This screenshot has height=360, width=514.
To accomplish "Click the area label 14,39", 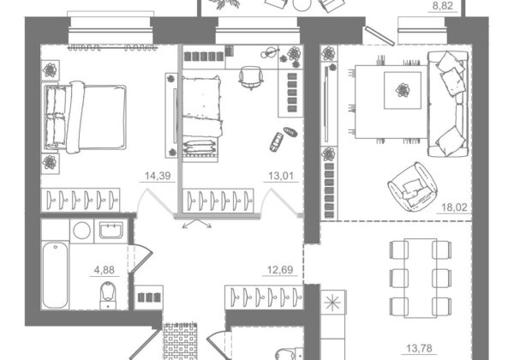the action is (158, 176).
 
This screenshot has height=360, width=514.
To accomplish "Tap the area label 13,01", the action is (281, 176).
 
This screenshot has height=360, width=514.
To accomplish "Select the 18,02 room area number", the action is (454, 207).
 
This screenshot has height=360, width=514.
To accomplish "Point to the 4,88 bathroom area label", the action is (105, 270).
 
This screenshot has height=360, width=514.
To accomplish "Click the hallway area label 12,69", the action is (280, 270).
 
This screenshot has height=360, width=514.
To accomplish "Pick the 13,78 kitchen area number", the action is (419, 348).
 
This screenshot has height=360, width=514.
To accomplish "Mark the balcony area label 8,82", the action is (443, 6).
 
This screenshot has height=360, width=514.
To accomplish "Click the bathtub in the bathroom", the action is (55, 275).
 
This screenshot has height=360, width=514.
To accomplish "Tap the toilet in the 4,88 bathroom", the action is (108, 296).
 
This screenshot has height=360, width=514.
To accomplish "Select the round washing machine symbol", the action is (82, 231).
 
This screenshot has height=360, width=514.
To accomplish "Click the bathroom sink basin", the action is (111, 231).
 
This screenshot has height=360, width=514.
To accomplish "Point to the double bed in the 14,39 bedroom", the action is (85, 117).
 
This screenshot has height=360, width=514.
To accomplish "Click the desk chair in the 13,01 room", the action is (251, 78).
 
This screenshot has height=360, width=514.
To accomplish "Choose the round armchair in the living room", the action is (413, 187).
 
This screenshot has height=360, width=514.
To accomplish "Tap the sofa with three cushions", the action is (448, 104).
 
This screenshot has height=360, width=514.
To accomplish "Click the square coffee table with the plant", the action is (403, 90).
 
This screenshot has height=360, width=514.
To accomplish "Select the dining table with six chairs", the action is (421, 278).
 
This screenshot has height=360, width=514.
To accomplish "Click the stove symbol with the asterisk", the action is (332, 302).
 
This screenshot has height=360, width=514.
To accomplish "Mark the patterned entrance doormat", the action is (181, 341).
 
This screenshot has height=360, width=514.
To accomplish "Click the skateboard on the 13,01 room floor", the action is (276, 141).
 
